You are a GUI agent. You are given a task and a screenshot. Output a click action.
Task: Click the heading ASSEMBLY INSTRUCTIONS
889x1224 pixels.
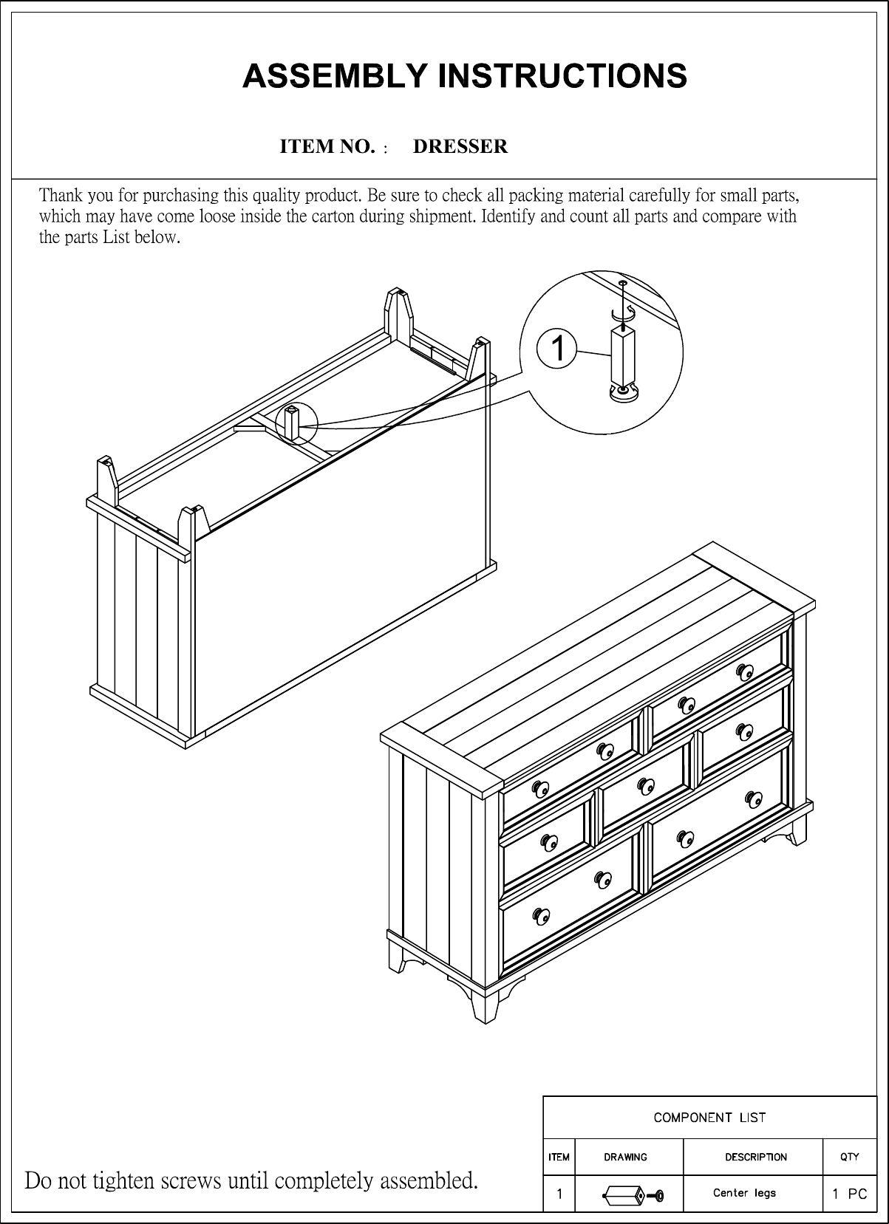pos(465,76)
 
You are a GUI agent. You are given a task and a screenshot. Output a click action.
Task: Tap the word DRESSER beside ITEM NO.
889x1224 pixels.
pos(460,146)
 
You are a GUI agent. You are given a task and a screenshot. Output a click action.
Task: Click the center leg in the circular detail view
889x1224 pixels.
pos(622,355)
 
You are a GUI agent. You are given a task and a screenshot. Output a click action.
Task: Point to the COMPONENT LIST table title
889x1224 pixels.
pos(709,1117)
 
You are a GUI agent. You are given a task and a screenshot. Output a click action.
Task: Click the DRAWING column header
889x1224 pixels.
pos(625,1157)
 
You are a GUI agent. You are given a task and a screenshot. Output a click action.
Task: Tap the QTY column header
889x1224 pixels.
pos(850,1157)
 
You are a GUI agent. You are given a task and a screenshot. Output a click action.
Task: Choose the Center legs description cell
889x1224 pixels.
pos(744,1192)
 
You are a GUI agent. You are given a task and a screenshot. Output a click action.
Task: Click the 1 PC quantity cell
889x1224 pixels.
pos(849,1193)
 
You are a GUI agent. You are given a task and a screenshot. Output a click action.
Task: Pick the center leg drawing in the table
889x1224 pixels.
pos(633,1194)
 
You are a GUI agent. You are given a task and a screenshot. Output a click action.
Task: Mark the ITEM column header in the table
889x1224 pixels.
pos(559,1157)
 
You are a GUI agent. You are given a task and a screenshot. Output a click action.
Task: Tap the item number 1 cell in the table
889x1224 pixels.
pos(559,1193)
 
